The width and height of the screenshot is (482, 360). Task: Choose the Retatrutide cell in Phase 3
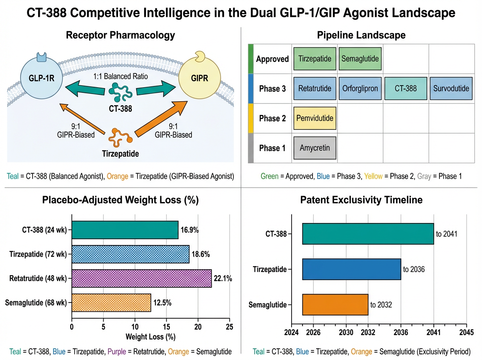tap(315, 88)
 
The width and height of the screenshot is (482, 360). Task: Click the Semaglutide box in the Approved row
tap(359, 59)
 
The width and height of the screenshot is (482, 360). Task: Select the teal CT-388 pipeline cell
tap(406, 88)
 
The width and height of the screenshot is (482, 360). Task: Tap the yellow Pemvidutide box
tap(315, 118)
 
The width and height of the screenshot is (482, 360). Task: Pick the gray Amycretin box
tap(315, 148)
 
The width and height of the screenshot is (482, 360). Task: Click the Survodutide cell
tap(451, 88)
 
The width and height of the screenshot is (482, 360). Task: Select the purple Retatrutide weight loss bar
tap(141, 278)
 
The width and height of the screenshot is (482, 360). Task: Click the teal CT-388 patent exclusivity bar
tap(368, 234)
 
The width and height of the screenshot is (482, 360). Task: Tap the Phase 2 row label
tap(272, 119)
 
